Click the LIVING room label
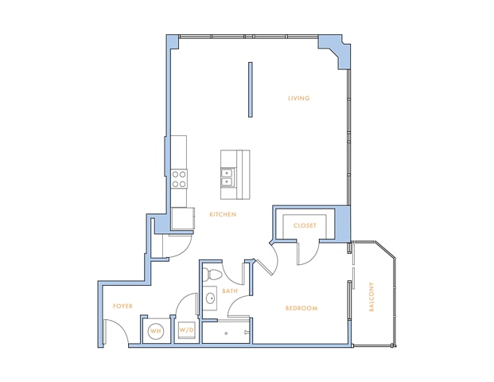pos(298,99)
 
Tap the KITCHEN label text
pos(223,214)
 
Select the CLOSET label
pos(305,226)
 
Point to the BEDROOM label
pos(301,308)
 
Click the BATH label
pos(230,291)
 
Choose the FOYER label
pos(123,306)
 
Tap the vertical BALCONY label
pos(371,297)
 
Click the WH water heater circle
pos(156,331)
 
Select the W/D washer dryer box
pos(186,330)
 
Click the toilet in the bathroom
pos(211,274)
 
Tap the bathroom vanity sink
pos(210,298)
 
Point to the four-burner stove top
pos(179,179)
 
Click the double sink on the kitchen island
pos(228,177)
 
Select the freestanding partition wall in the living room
pos(250,90)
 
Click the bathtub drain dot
pos(226,333)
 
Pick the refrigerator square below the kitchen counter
pos(183,218)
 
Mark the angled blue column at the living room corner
pos(335,50)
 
